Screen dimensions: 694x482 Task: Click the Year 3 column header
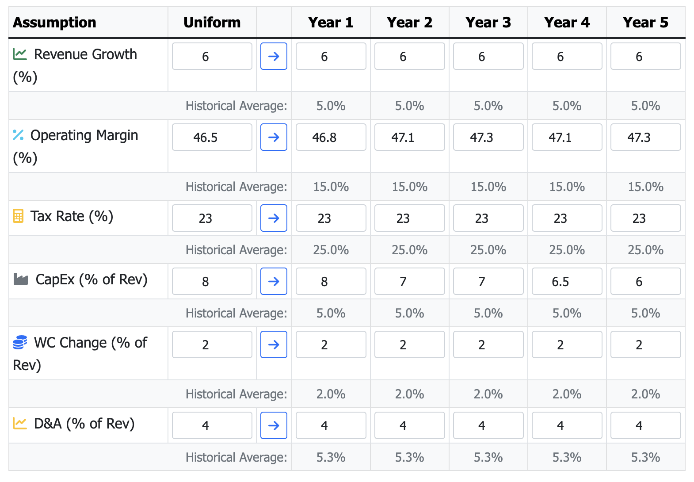click(488, 22)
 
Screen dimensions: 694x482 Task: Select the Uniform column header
click(212, 22)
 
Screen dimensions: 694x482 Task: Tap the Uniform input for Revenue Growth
click(212, 56)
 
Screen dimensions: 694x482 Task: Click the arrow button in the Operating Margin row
click(274, 137)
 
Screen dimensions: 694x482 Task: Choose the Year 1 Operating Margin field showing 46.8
click(331, 137)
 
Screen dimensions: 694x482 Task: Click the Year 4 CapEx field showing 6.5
click(567, 281)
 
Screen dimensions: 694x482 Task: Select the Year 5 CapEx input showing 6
click(646, 281)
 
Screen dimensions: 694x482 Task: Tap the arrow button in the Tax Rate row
click(274, 218)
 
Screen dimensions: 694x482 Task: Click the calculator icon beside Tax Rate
click(18, 216)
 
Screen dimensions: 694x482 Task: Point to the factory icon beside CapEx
click(21, 279)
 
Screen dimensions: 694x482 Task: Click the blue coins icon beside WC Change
click(20, 342)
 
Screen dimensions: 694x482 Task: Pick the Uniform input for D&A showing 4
click(212, 425)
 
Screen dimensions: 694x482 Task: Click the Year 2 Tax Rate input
click(410, 218)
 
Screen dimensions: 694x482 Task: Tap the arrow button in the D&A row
click(274, 425)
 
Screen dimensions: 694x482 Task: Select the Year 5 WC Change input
click(646, 344)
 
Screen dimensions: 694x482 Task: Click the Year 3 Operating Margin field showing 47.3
click(488, 137)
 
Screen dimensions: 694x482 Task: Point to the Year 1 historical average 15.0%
click(331, 187)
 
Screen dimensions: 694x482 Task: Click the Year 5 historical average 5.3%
click(646, 457)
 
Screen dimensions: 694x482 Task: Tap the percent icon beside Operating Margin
click(18, 135)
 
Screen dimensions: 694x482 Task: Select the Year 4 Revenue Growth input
click(567, 56)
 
